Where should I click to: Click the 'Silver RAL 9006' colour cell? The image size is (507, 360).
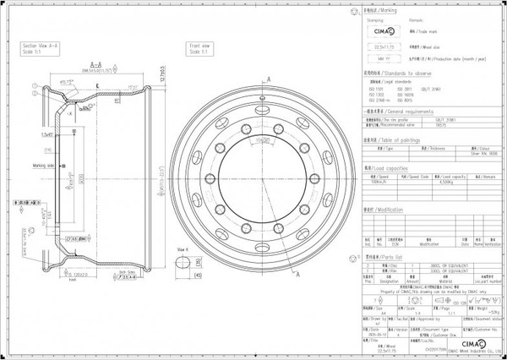pyautogui.click(x=478, y=154)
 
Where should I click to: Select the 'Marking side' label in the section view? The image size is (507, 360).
pyautogui.click(x=44, y=166)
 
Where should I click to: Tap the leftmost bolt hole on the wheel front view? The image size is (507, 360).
pyautogui.click(x=205, y=179)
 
